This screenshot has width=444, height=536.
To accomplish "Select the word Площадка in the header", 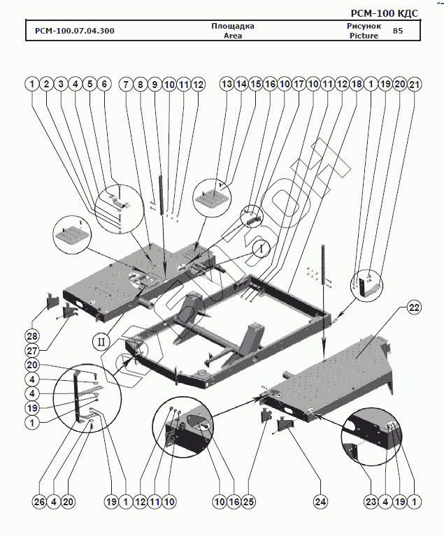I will pyautogui.click(x=232, y=27).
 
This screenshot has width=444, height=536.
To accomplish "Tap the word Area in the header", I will pyautogui.click(x=232, y=36).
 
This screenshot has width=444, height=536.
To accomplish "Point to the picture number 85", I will pyautogui.click(x=398, y=31).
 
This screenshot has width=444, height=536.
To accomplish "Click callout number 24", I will pyautogui.click(x=320, y=502).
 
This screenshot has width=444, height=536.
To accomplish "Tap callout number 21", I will pyautogui.click(x=415, y=84).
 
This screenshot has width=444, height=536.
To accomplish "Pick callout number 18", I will pyautogui.click(x=356, y=84).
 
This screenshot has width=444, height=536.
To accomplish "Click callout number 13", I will pyautogui.click(x=227, y=84).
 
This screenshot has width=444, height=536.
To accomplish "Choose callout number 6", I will pyautogui.click(x=104, y=84).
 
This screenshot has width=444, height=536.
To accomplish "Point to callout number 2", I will pyautogui.click(x=46, y=84).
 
